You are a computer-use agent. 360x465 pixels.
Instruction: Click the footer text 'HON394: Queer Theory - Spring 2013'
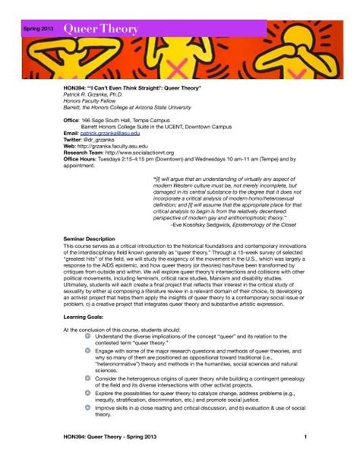(114, 437)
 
